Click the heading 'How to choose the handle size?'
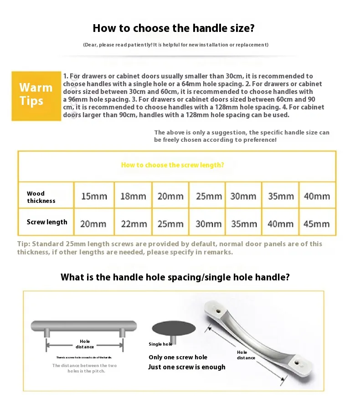coord(173,28)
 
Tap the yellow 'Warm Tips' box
coord(36,94)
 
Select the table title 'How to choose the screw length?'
coord(172,165)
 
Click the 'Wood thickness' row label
coord(41,197)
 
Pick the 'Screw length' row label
coord(47,222)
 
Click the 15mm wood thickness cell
coord(94,197)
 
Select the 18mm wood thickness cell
coord(133,197)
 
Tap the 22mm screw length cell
coord(133,224)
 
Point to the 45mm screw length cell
coord(316,224)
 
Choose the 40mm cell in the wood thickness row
coord(316,197)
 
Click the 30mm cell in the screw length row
coord(208,224)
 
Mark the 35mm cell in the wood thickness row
coord(281,197)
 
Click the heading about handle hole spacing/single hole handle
coord(175,277)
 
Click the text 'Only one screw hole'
coord(178,357)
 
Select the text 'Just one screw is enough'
coord(186,367)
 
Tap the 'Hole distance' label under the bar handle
coord(85,344)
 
